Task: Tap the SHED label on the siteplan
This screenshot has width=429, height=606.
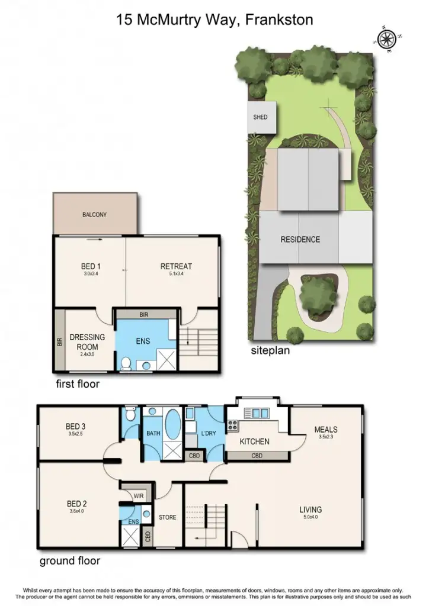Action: (x=260, y=117)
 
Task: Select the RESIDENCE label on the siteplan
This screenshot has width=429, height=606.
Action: (x=300, y=239)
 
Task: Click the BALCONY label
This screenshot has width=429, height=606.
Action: (x=94, y=215)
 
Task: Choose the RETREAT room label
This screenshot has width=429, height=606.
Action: (x=176, y=266)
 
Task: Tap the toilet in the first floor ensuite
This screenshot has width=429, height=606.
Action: (x=126, y=364)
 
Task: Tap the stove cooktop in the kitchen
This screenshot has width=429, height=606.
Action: (x=233, y=425)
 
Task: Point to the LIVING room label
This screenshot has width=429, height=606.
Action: (x=310, y=510)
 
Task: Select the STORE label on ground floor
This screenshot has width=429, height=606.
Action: (x=167, y=517)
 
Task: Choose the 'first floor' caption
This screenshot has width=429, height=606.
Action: (x=77, y=384)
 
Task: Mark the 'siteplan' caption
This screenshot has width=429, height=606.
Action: (x=270, y=351)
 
